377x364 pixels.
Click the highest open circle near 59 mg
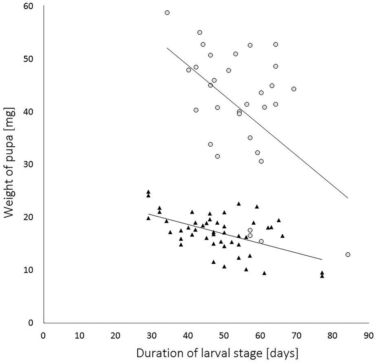[x=167, y=13]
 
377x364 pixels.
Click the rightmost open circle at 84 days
[x=348, y=254]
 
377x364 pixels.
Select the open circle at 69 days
[x=293, y=89]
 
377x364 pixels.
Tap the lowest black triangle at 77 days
[x=322, y=276]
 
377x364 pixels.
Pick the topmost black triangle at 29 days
[x=148, y=192]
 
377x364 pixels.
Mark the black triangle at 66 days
[x=282, y=236]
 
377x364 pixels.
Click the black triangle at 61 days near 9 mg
[x=264, y=273]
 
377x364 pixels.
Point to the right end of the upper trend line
[x=348, y=198]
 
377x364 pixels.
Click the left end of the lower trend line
[x=148, y=214]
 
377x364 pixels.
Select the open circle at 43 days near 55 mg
[x=200, y=32]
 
